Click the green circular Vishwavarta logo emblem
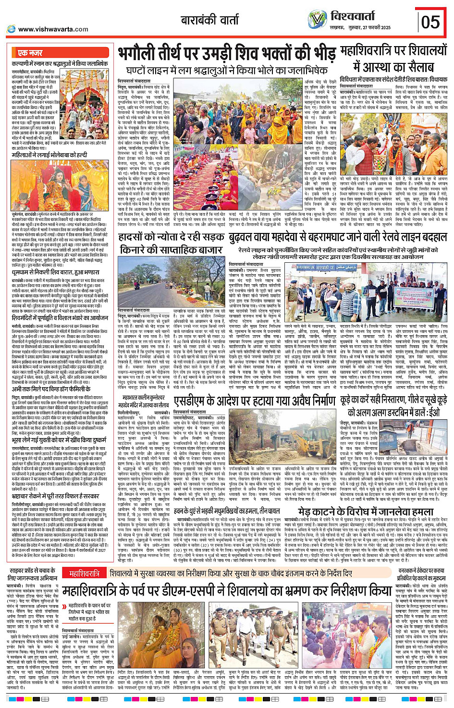click(x=317, y=20)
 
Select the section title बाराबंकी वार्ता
click(x=209, y=20)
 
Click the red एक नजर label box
click(x=30, y=53)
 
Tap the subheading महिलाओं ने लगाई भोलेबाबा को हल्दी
click(x=49, y=155)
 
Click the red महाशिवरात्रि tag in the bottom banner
click(x=84, y=573)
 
